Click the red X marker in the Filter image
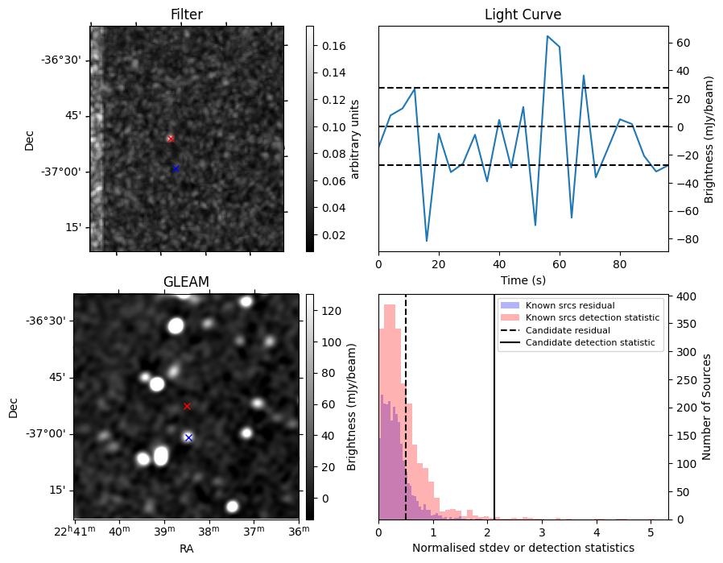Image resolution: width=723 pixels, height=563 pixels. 171,139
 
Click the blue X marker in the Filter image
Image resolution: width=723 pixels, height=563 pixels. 176,169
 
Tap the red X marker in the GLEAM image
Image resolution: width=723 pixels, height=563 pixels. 187,406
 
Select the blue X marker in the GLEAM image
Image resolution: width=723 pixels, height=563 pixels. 188,437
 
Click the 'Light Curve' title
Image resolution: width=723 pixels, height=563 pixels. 523,14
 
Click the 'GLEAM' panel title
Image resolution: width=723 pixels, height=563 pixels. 186,282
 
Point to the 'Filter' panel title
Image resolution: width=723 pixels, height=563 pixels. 186,14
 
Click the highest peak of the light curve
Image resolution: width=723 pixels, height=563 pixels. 547,35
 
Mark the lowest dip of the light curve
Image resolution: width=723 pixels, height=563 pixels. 427,241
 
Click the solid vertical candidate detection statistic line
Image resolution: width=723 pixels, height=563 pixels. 494,408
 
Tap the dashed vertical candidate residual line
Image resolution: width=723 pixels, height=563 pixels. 406,408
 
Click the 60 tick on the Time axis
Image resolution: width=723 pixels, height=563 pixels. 560,264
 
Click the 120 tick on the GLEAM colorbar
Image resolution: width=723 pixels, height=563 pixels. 332,311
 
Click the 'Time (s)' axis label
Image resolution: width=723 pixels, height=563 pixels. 523,279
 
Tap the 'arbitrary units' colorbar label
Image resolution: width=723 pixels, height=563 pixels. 354,139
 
